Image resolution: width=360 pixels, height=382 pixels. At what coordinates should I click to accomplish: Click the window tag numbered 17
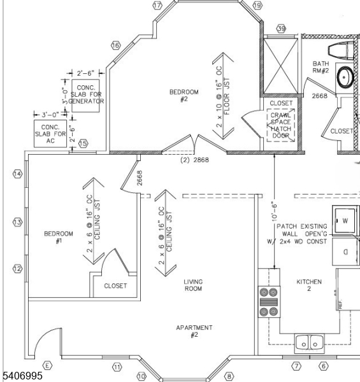pos(157,5)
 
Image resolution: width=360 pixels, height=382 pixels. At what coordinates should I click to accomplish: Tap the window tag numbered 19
pos(257,5)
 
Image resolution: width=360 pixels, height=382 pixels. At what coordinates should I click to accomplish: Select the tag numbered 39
pos(281,29)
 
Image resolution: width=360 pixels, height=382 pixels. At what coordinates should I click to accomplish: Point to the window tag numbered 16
pos(115,46)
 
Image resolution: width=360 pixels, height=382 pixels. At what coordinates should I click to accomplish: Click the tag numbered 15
pos(83,144)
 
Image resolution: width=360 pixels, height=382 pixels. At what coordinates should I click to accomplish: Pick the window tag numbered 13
pos(18,222)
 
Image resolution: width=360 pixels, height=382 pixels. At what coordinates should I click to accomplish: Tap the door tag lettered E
pos(47,366)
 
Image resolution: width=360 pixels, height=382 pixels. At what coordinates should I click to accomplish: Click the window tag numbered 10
pos(141,376)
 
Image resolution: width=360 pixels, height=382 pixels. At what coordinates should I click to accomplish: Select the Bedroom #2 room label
pos(184,96)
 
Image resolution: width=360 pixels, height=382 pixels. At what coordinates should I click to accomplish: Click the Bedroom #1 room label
pos(59,237)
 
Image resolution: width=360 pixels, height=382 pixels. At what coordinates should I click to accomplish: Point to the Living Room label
pos(193,285)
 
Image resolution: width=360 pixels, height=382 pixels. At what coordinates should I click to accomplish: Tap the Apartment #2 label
pos(194,331)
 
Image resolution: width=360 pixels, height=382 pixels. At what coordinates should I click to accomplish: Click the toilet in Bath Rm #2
pos(342,50)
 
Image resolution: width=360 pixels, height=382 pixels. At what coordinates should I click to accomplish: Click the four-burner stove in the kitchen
pos(269,302)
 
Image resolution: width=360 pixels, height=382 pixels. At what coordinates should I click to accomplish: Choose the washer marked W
pos(344,221)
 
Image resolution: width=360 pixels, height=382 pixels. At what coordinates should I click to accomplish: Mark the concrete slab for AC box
pos(50,134)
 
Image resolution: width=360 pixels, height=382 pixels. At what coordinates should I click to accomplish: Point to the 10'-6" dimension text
pos(274,209)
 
